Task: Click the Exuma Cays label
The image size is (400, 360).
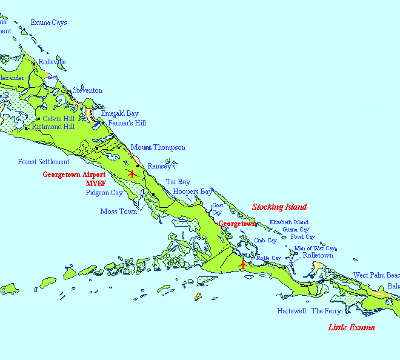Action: (48, 23)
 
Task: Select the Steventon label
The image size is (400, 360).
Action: (88, 91)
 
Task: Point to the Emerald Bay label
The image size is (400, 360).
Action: (119, 113)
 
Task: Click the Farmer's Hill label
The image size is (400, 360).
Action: (127, 123)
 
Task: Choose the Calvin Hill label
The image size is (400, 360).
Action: (58, 119)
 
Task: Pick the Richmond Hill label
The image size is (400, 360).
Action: (53, 127)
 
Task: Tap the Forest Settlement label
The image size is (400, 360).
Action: (44, 162)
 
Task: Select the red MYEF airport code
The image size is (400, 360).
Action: (96, 183)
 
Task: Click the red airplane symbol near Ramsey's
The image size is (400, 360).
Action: (133, 174)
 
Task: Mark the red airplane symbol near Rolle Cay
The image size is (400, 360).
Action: (243, 264)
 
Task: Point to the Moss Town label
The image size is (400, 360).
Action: (119, 212)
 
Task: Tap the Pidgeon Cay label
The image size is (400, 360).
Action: (104, 193)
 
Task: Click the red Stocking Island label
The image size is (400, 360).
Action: (279, 207)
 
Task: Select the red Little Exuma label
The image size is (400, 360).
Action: (352, 328)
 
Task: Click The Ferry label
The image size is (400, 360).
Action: (326, 312)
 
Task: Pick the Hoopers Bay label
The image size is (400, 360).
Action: (193, 192)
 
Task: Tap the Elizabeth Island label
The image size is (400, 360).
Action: (289, 223)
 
